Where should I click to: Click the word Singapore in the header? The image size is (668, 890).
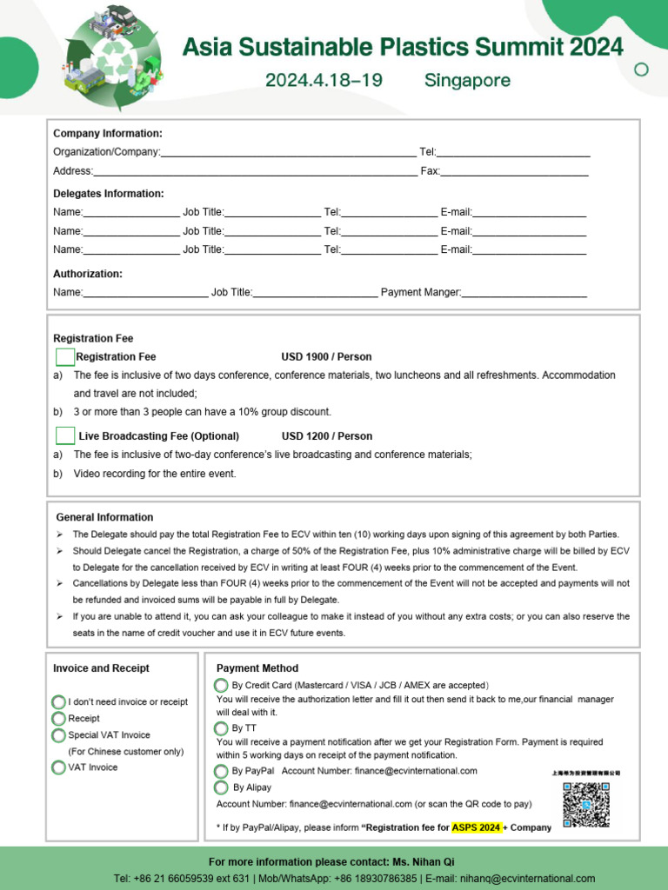click(467, 81)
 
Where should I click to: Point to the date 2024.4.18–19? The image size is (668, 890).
click(324, 81)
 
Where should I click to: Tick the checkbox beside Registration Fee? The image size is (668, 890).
click(65, 357)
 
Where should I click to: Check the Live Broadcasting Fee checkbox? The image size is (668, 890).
click(65, 436)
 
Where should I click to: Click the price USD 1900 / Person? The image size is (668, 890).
click(326, 357)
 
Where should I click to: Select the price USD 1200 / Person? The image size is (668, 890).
click(326, 436)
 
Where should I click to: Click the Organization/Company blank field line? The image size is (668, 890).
click(288, 153)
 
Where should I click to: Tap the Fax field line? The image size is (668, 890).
click(514, 172)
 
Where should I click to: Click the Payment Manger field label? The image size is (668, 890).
click(421, 293)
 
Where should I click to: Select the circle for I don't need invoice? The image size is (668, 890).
click(58, 702)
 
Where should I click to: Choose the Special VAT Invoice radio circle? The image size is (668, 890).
click(58, 735)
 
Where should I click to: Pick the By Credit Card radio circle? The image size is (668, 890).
click(222, 686)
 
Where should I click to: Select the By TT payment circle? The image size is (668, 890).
click(222, 727)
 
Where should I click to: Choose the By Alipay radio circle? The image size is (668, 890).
click(222, 787)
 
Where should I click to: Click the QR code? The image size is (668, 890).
click(585, 804)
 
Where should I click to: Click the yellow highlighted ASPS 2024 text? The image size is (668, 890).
click(476, 827)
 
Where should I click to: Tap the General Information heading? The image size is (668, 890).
click(104, 517)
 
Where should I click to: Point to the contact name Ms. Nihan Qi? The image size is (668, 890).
click(424, 862)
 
